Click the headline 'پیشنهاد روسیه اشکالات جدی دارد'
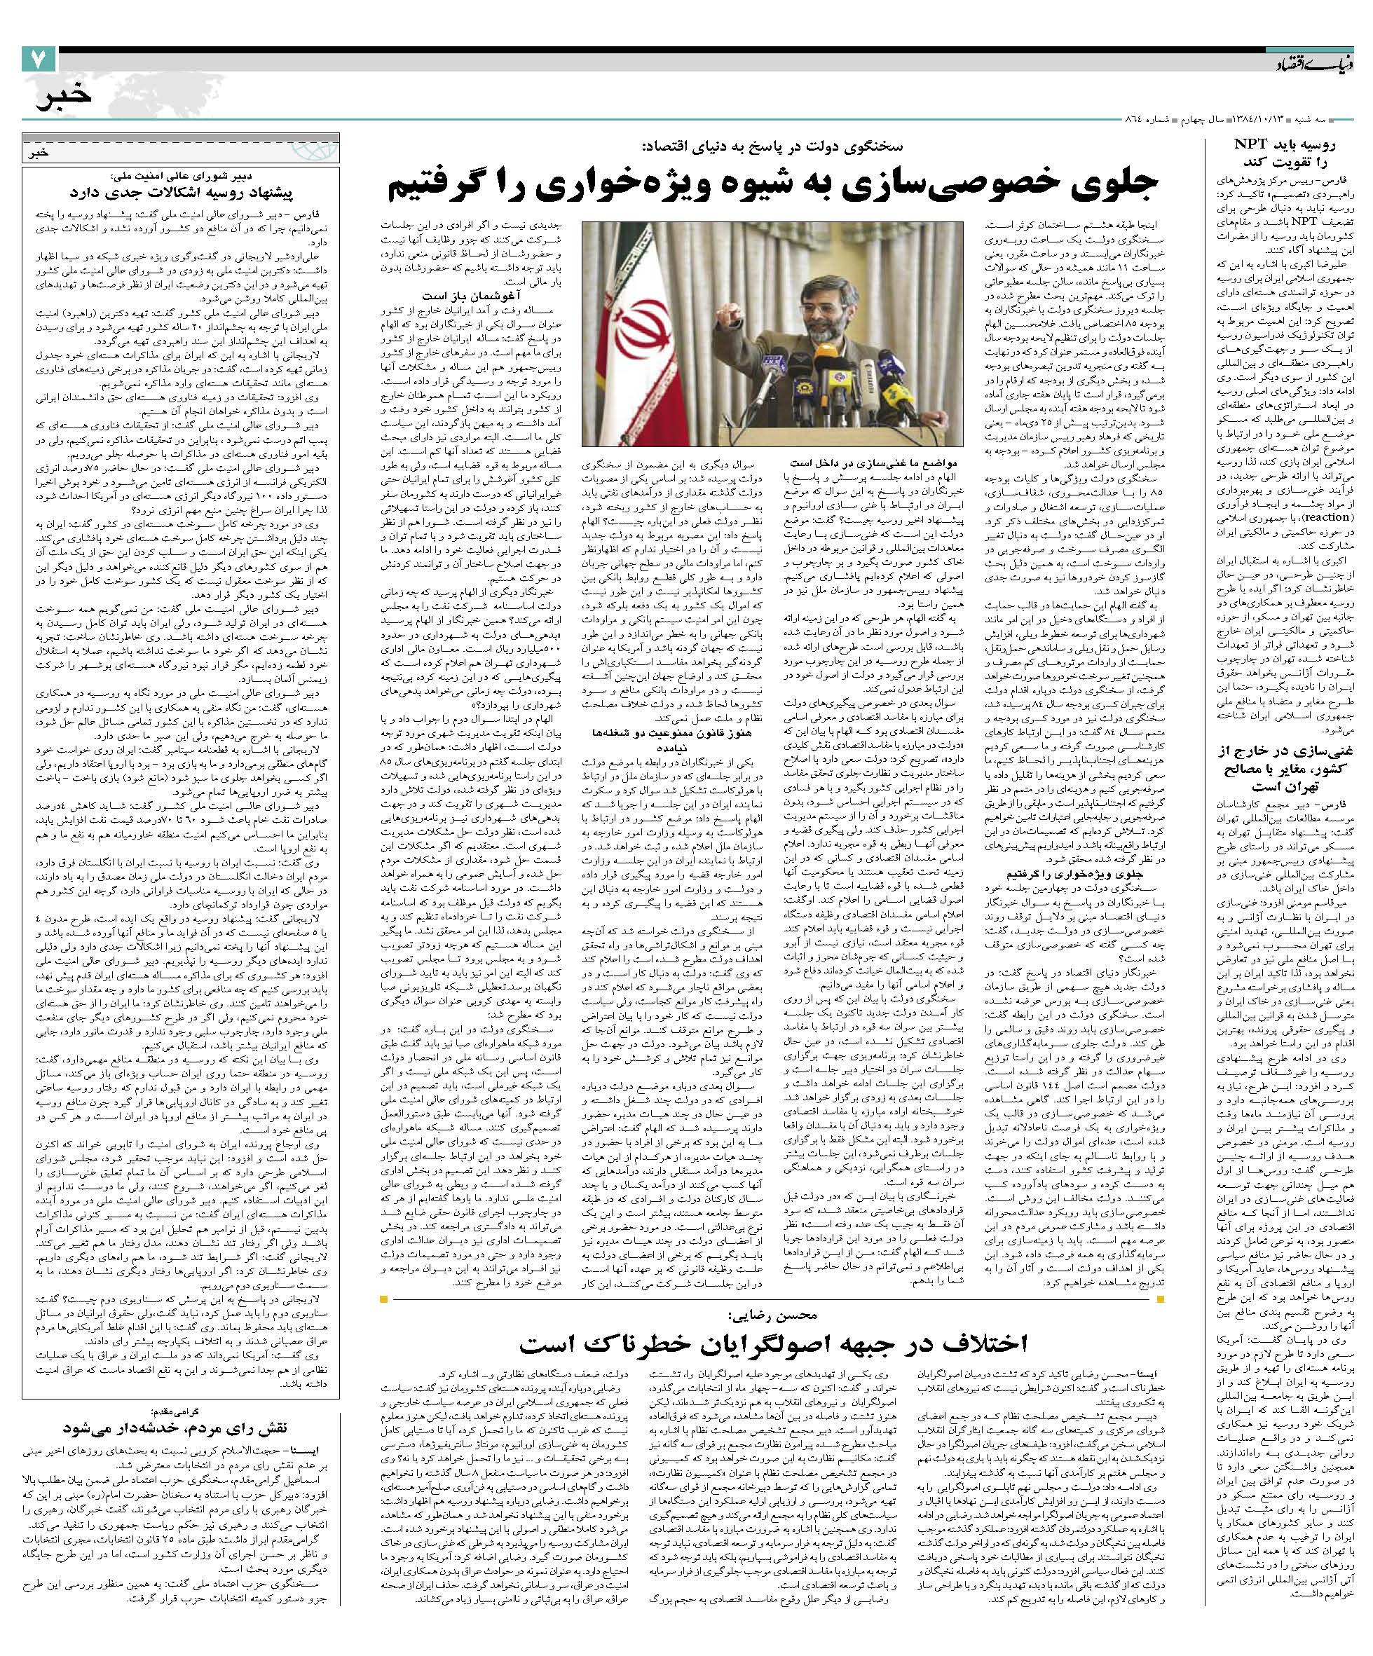point(182,191)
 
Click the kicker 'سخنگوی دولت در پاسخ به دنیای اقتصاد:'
point(773,146)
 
